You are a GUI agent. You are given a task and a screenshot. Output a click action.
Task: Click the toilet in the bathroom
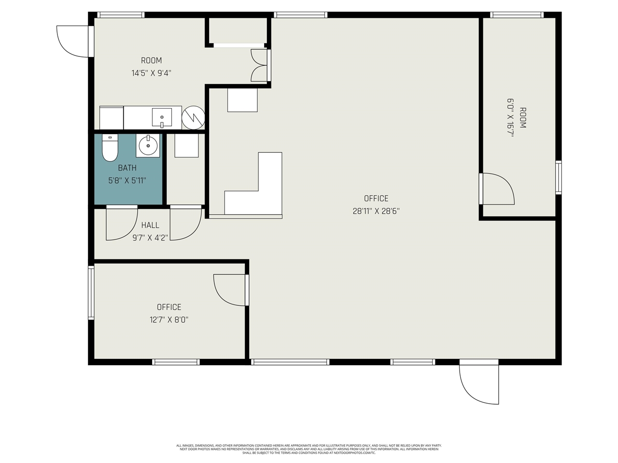click(x=110, y=148)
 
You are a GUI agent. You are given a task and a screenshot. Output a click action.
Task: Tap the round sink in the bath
click(x=148, y=144)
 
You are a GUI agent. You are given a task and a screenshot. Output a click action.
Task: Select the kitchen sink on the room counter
click(x=161, y=117)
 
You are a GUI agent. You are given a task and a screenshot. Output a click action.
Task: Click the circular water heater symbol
click(x=193, y=118)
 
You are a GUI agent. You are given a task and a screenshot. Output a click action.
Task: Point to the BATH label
click(x=127, y=168)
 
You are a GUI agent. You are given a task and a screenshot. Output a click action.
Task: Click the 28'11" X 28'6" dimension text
click(x=376, y=211)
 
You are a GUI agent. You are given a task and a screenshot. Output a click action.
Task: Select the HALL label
click(x=150, y=225)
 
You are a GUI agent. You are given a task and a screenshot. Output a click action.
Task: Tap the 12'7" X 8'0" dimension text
click(x=169, y=319)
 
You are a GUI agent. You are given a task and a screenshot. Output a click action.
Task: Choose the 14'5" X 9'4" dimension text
click(x=151, y=73)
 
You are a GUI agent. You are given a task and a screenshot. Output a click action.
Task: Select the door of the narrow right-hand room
click(x=497, y=189)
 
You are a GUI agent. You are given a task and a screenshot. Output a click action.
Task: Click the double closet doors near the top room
click(x=259, y=65)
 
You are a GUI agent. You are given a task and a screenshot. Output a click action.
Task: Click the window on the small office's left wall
click(x=91, y=293)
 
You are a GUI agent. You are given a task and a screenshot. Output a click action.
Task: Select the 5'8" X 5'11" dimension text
click(x=127, y=181)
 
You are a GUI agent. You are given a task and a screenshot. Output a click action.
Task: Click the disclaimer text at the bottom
click(x=309, y=449)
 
